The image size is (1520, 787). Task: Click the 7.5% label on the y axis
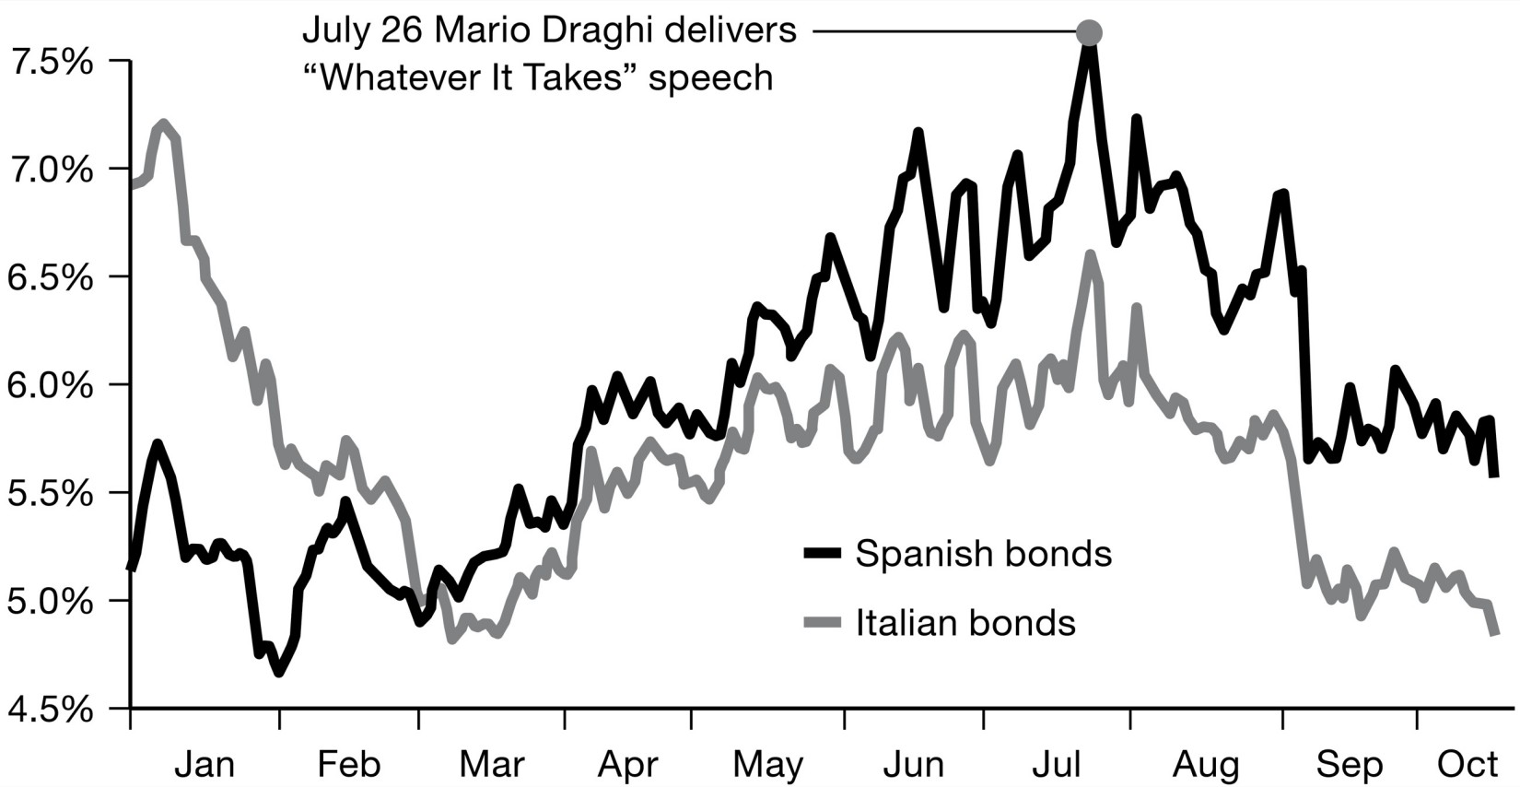coord(50,63)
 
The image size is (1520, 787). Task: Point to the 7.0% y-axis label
coord(50,170)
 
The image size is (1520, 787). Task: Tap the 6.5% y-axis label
coord(50,278)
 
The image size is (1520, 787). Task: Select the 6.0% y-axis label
coord(50,386)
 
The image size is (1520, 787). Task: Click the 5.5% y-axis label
coord(50,494)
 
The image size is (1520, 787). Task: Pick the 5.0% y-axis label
coord(50,602)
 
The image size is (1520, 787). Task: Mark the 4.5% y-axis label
coord(50,710)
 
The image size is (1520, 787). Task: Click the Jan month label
coord(205,764)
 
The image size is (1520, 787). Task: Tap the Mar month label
coord(492,764)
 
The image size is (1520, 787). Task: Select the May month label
coord(768,764)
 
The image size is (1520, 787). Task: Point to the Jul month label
coord(1057,764)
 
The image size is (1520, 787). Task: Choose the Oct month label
coord(1468,764)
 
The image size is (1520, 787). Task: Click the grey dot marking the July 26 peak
coord(1089,33)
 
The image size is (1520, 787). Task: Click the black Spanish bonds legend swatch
coord(823,553)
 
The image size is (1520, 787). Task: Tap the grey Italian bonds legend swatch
coord(823,623)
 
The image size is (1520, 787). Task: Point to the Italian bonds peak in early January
coord(163,123)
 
